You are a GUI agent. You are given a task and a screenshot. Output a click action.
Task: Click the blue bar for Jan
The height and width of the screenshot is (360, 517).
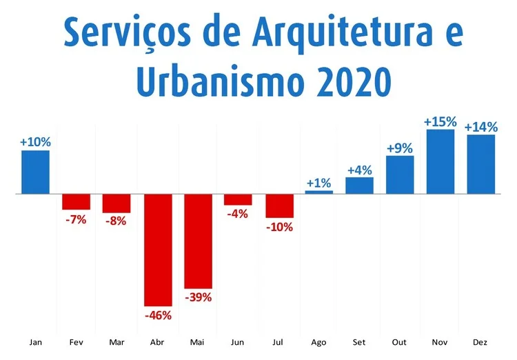pos(35,172)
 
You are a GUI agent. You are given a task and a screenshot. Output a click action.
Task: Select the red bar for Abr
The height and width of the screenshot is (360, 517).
pos(157,250)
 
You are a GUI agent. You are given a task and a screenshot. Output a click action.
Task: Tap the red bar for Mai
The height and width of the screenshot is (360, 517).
pos(198,241)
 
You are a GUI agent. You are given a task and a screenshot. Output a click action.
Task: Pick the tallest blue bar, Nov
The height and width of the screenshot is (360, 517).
pos(440,161)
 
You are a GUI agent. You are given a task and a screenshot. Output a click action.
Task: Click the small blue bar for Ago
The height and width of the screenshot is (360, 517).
pos(319,192)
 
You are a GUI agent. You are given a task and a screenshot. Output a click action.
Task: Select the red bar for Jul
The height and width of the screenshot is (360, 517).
pos(279,206)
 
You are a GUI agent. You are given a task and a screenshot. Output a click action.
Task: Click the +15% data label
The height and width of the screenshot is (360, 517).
pos(440,121)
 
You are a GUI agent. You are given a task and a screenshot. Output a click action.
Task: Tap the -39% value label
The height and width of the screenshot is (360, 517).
pos(198,297)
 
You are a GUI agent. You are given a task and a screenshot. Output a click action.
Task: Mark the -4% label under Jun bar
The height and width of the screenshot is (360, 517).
pos(239,214)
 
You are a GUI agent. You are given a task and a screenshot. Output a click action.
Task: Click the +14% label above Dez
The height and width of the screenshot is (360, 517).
pos(480,127)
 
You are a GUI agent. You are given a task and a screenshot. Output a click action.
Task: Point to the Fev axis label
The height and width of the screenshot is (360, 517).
pos(76,342)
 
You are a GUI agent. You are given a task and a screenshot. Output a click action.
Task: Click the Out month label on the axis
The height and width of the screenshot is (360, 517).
pos(400,342)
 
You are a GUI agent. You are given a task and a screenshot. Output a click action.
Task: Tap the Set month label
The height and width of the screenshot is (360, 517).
pos(359,342)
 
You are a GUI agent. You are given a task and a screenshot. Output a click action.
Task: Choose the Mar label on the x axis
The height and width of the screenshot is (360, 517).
pos(116,342)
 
